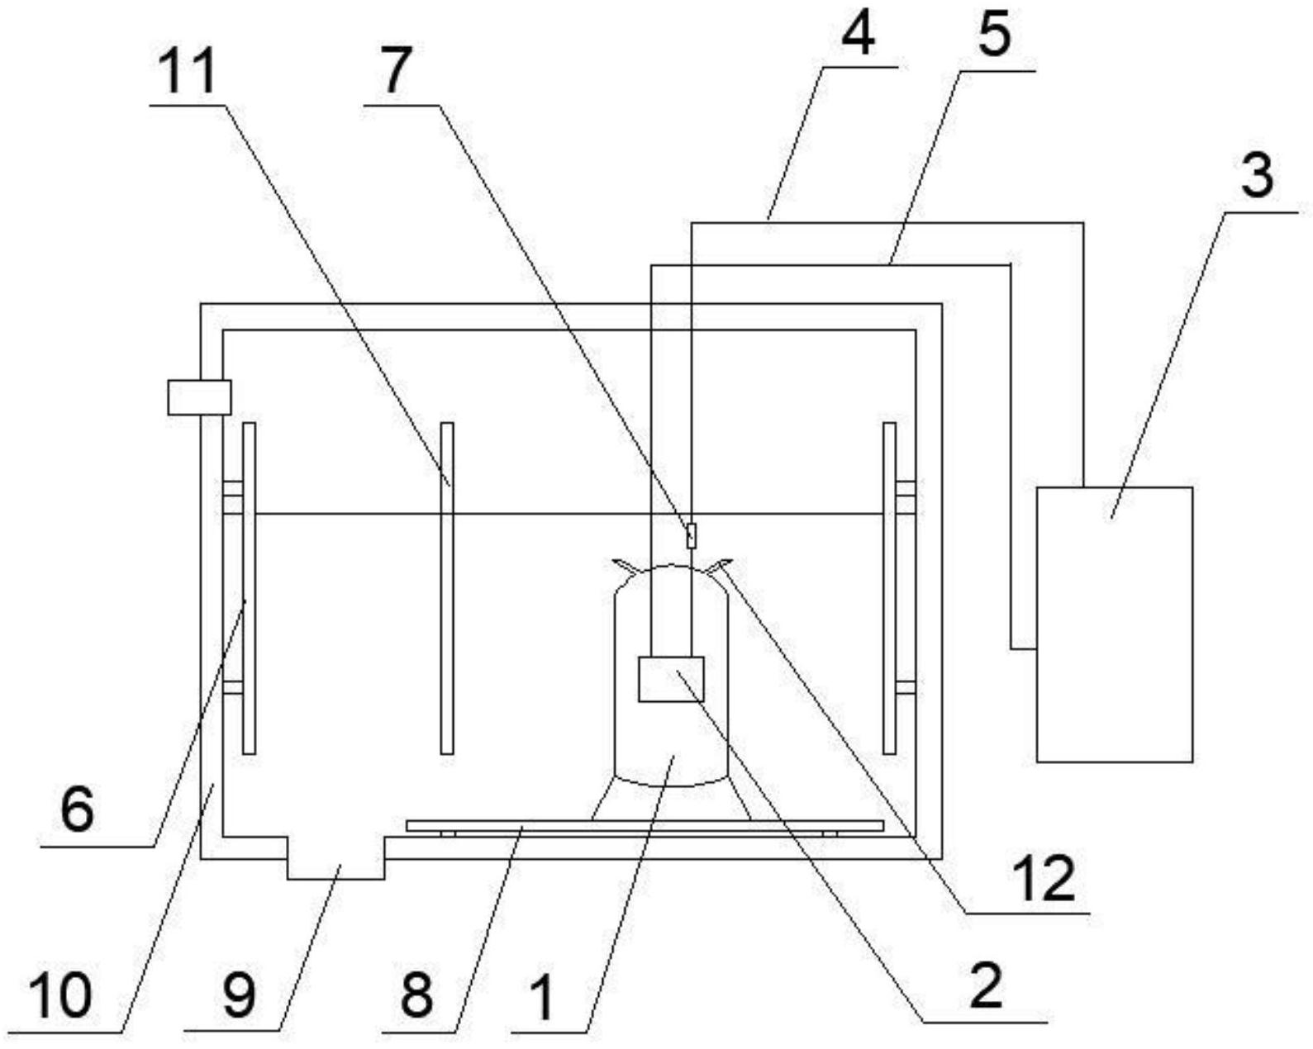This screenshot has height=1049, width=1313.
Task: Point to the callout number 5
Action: (x=997, y=35)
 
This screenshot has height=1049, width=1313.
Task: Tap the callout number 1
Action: (x=543, y=995)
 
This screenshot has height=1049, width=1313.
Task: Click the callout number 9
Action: (x=240, y=994)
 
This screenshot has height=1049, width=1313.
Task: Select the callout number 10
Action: (x=59, y=994)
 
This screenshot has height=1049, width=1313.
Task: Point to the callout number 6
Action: (x=77, y=809)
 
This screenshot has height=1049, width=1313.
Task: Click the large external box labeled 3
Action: (x=1114, y=624)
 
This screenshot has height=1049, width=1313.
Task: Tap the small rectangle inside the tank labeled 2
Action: (x=671, y=679)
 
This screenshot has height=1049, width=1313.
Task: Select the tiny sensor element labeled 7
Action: (x=691, y=534)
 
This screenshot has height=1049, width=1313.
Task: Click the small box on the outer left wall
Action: (x=198, y=396)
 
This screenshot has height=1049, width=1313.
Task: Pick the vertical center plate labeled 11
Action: (x=447, y=588)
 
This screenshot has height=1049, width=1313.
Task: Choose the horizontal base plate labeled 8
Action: (x=645, y=825)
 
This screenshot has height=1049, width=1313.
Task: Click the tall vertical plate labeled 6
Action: (x=249, y=588)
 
